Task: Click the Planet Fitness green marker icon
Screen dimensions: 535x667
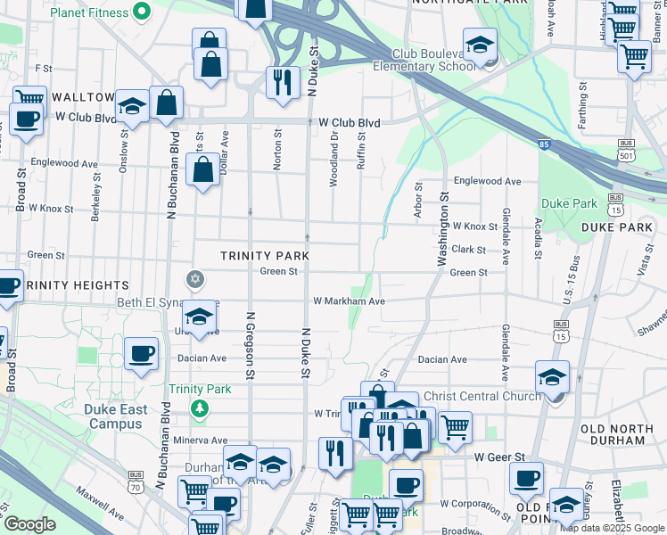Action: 141,12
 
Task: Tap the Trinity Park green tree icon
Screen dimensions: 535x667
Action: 200,407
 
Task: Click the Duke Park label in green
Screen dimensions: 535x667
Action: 569,203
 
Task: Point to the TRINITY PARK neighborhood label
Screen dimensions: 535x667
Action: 265,256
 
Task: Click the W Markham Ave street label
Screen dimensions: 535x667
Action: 349,301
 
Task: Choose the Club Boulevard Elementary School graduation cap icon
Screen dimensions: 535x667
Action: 479,45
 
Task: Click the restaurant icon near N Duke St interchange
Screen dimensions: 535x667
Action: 283,83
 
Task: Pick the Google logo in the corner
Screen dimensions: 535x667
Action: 30,525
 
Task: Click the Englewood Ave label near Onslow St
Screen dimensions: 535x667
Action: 64,163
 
